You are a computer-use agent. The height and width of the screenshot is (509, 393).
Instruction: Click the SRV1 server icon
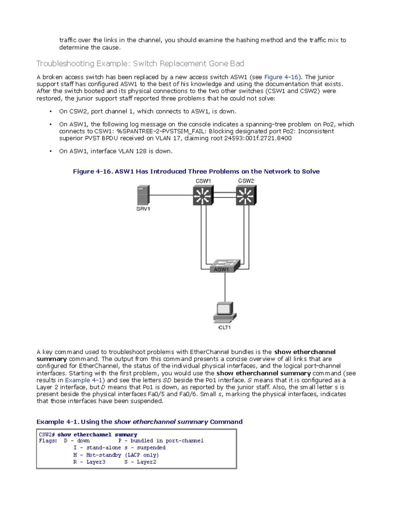click(143, 195)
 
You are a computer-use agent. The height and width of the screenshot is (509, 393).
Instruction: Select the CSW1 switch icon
click(203, 195)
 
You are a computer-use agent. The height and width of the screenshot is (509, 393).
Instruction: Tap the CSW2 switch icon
click(246, 195)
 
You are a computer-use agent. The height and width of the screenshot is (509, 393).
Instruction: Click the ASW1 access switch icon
click(225, 265)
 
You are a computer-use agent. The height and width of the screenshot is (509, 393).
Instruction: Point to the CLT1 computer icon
click(225, 312)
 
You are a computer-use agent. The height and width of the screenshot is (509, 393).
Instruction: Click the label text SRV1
click(143, 209)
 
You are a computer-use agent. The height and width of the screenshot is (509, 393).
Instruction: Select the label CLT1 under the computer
click(225, 327)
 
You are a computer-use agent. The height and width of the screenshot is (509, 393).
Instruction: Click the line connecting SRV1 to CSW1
click(171, 195)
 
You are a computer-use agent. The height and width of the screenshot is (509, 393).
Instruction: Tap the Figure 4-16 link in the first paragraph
click(281, 77)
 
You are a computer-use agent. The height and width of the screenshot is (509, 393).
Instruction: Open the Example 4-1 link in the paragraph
click(84, 380)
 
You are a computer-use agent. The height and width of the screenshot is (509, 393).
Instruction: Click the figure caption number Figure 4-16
click(92, 171)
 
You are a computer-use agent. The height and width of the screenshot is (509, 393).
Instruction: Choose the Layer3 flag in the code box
click(96, 462)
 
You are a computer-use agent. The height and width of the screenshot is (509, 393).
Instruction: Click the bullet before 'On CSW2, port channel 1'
click(50, 112)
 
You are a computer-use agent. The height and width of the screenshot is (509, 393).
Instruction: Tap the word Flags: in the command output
click(48, 441)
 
